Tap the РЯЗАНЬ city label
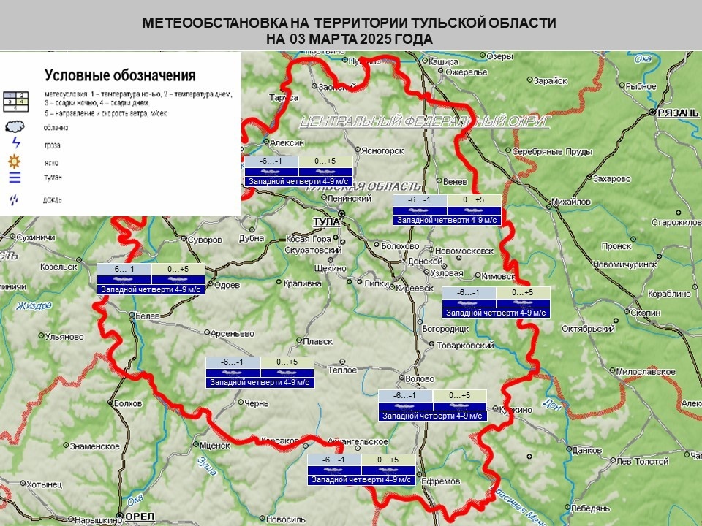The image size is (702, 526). point(673,113)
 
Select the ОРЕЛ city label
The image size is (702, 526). point(140,517)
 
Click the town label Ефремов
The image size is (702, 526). point(441,481)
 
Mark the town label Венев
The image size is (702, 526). point(454,181)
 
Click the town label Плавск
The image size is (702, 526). point(318,341)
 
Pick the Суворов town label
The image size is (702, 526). point(204,240)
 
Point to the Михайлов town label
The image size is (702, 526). point(570,202)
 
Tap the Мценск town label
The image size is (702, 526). point(215,444)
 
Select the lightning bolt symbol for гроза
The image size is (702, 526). point(15,143)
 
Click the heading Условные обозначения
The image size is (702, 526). point(120,75)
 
